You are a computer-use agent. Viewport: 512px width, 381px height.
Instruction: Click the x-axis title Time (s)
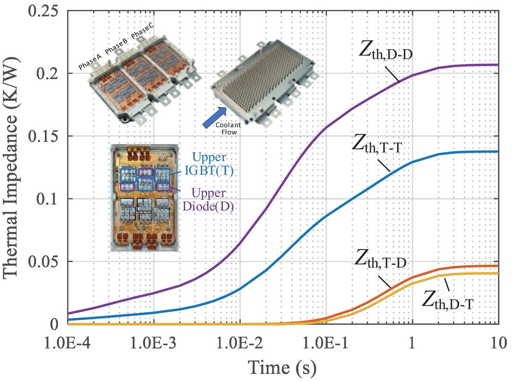click(x=283, y=366)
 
